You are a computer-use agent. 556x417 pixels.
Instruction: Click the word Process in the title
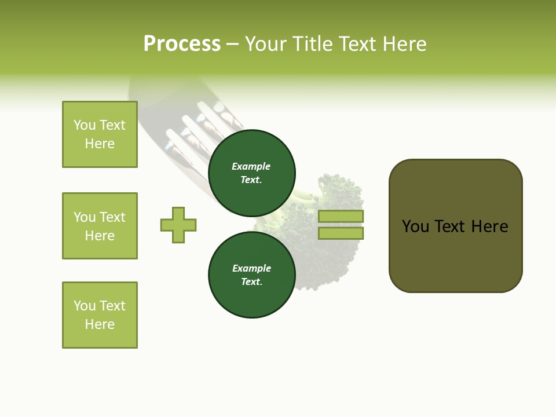(x=182, y=44)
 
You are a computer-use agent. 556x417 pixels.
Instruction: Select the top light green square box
(x=100, y=134)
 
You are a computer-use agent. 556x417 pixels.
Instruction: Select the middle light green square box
(x=100, y=226)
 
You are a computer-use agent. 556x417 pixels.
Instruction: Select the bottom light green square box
(x=100, y=315)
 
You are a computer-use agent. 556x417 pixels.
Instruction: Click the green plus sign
(x=178, y=225)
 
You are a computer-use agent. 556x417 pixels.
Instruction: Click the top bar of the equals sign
(x=341, y=217)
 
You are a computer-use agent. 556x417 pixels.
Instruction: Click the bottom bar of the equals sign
(x=341, y=233)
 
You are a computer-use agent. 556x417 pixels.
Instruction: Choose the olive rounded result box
(x=455, y=255)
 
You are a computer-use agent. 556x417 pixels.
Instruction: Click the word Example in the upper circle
(x=251, y=166)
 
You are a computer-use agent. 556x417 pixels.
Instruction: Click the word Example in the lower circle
(x=251, y=268)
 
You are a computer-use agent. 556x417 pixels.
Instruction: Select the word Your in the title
(x=265, y=44)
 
